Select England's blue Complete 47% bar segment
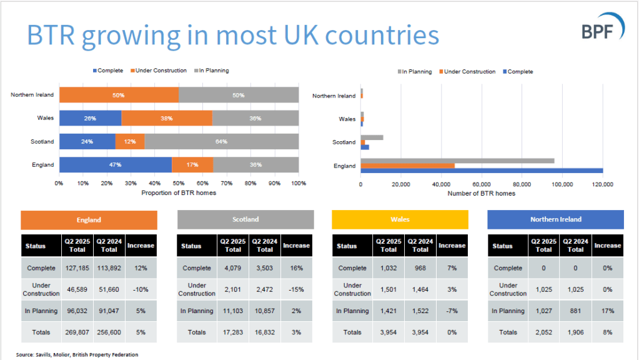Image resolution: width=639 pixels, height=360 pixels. [x=116, y=165]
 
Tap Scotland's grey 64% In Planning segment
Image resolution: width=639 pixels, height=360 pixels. [x=221, y=141]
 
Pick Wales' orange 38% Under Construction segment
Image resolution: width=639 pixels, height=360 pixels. [x=167, y=118]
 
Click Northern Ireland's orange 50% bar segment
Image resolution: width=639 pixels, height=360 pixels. [x=119, y=95]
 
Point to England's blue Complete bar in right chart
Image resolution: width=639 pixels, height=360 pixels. [x=482, y=171]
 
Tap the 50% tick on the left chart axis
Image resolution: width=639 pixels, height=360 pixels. [x=179, y=184]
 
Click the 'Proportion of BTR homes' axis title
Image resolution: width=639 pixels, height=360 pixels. [x=179, y=192]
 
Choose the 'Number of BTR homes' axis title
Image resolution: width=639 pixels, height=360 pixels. [x=482, y=193]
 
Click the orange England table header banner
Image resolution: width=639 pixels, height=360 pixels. [x=89, y=220]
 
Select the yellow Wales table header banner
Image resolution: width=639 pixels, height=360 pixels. [x=400, y=219]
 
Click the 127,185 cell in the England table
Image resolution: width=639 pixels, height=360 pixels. [x=77, y=268]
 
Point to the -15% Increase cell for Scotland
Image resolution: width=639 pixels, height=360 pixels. [x=296, y=289]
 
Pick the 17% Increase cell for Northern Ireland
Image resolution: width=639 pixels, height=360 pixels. [x=607, y=311]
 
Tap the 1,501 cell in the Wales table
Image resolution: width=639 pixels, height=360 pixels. [x=389, y=289]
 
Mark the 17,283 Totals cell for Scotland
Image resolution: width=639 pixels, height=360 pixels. [x=233, y=332]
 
